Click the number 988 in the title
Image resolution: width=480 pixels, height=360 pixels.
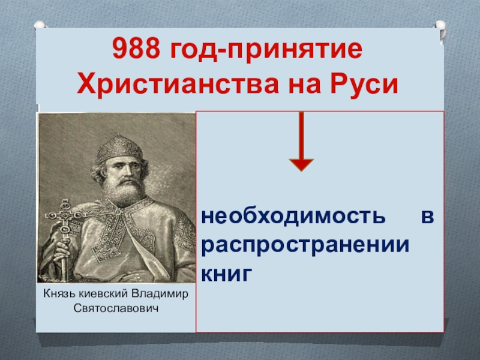pos(136,49)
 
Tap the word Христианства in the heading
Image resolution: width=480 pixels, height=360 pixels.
pos(178,83)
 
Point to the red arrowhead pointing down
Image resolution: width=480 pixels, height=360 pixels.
pos(301,165)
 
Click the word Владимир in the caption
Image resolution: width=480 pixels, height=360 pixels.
pos(160,294)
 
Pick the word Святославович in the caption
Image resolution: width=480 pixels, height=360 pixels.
pos(116,308)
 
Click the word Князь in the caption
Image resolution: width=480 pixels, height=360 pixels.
pos(60,293)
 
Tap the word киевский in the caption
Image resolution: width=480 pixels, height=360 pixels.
pos(104,293)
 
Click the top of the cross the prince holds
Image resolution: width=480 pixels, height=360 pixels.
pos(65,203)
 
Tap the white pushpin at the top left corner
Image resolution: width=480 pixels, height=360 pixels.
pos(40,25)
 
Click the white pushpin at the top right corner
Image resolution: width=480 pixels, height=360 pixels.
pos(440,26)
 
